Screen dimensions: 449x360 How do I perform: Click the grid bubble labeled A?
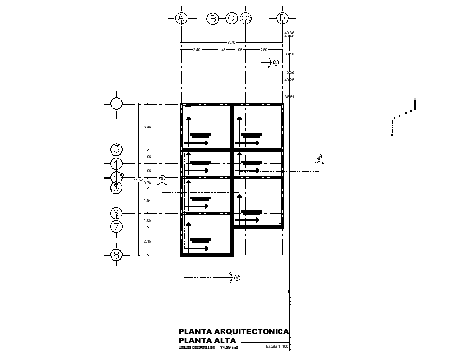(x=181, y=18)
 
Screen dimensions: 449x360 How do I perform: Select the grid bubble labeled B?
(x=213, y=18)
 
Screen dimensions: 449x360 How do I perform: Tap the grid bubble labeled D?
(x=282, y=18)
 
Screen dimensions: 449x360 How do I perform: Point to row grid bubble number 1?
(x=116, y=104)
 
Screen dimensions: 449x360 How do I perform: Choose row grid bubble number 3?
(x=116, y=150)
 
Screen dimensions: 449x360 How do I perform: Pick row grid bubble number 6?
(x=116, y=213)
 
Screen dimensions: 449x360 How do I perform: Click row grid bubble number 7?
(x=116, y=227)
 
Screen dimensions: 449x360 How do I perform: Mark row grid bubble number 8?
(x=116, y=255)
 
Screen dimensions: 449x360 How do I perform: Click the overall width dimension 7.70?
(x=231, y=42)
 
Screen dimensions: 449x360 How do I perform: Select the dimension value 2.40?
(x=197, y=50)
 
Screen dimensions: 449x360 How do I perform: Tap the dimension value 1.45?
(x=222, y=50)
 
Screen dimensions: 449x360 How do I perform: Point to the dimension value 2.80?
(x=263, y=50)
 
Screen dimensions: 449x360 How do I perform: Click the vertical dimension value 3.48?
(x=147, y=127)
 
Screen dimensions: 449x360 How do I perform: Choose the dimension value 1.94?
(x=147, y=200)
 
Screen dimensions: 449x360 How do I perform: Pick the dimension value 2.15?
(x=147, y=241)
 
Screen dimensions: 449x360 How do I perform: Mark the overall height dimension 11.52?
(x=138, y=180)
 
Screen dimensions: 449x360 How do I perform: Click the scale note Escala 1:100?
(x=277, y=347)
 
